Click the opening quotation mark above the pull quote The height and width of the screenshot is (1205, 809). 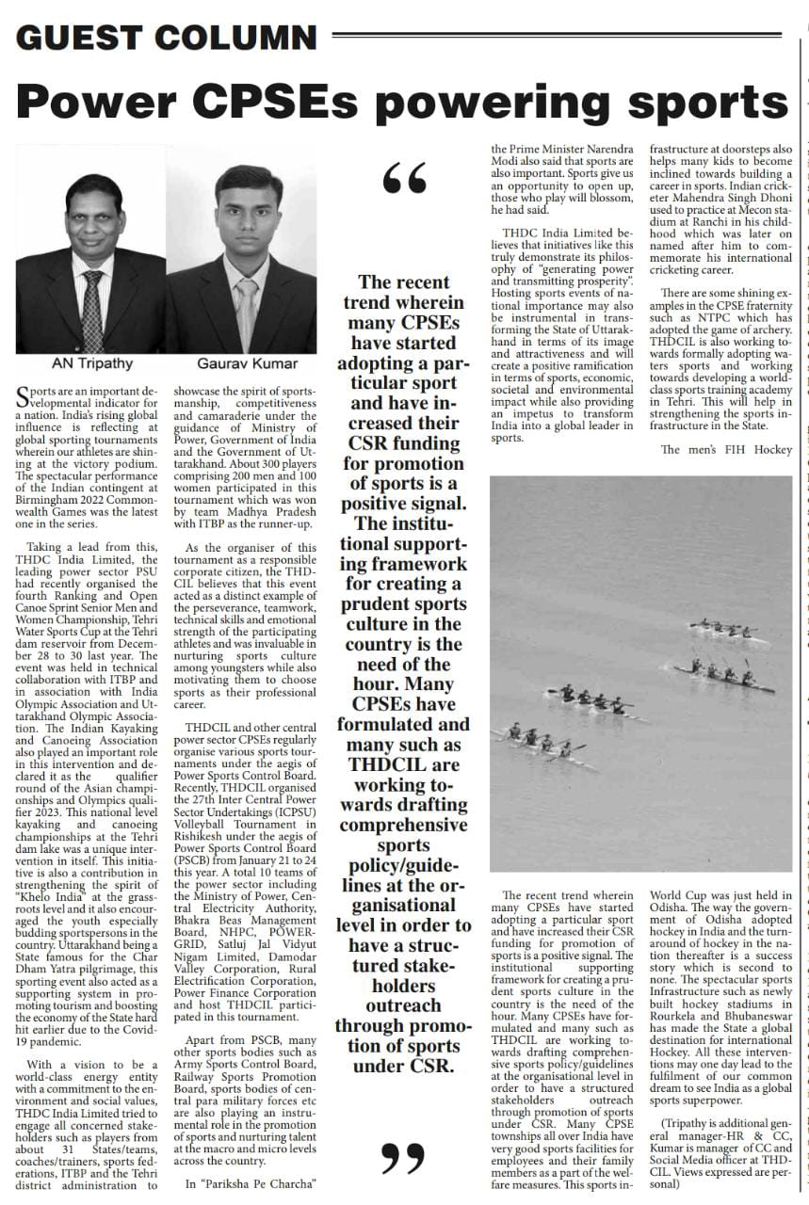tap(405, 177)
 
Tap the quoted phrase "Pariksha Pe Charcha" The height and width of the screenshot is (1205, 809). tap(250, 1184)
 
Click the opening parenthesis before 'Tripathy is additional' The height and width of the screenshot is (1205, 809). tap(664, 1122)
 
